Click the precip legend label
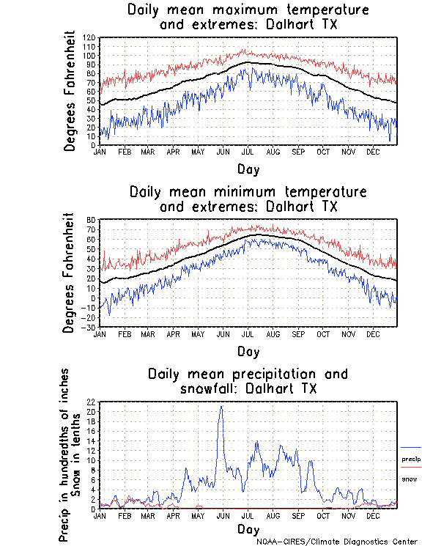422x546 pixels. (x=411, y=460)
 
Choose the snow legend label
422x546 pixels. (x=409, y=479)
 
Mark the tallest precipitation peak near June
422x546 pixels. (x=221, y=407)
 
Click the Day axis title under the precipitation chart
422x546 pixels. (x=248, y=528)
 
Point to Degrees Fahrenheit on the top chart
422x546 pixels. (x=70, y=91)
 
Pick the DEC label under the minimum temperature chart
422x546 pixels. (x=373, y=333)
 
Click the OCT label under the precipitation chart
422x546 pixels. (x=322, y=516)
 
